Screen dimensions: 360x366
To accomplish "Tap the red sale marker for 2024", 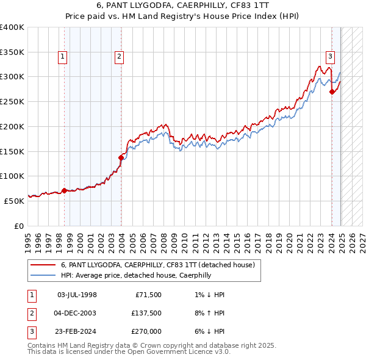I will [x=332, y=92].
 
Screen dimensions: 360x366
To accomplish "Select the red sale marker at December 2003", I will [x=121, y=157].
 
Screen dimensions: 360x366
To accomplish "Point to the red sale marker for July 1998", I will [x=65, y=190].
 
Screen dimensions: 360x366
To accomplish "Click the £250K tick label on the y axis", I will [x=12, y=101].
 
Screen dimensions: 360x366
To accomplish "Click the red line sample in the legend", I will [x=43, y=265].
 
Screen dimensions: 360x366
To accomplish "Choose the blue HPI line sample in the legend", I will [x=43, y=275].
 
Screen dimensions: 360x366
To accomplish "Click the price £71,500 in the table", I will [x=148, y=295].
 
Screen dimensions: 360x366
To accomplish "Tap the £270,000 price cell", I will [x=146, y=332].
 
